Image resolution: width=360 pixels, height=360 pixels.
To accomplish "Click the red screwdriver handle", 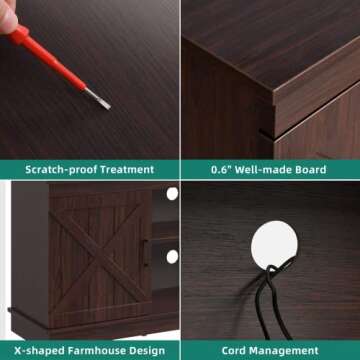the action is [47, 58].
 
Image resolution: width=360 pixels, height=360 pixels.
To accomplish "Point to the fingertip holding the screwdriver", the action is [7, 17].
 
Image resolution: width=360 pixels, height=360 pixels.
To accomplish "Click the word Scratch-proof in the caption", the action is [61, 170].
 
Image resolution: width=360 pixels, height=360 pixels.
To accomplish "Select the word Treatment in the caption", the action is [127, 170].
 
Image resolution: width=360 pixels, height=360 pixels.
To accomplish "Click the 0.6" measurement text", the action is [221, 170].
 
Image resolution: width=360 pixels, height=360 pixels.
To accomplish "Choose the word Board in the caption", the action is [309, 170].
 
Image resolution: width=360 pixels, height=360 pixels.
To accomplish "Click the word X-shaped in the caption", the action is [39, 351].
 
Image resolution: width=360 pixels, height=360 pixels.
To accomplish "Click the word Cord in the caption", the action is [234, 351].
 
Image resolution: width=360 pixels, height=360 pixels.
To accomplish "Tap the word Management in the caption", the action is [284, 351].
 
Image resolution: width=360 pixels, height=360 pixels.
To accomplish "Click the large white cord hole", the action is [274, 245].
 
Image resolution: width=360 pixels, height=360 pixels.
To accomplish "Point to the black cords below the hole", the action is [272, 300].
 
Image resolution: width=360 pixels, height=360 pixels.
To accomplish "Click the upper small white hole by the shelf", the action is [172, 194].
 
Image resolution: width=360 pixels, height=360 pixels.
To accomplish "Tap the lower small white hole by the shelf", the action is [172, 257].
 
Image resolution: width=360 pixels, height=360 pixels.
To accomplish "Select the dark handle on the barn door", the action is [145, 252].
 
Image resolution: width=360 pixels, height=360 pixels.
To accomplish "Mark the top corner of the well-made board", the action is [274, 90].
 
